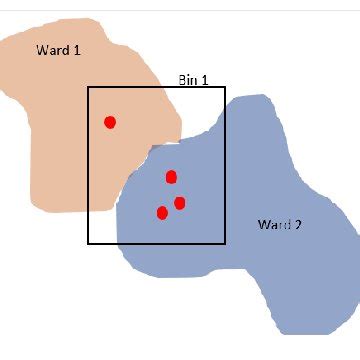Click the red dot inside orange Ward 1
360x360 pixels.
(x=110, y=122)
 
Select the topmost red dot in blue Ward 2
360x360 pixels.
(x=171, y=177)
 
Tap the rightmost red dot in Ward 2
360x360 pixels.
(x=180, y=203)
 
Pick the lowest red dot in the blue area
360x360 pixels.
(x=162, y=212)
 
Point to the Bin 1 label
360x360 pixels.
(x=193, y=80)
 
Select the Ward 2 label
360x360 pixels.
(x=280, y=224)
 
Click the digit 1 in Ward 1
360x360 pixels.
(x=76, y=49)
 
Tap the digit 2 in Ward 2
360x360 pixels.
(x=298, y=224)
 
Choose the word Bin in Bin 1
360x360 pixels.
(x=188, y=80)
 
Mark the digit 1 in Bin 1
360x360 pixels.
(x=205, y=80)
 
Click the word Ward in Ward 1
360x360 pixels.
(x=52, y=49)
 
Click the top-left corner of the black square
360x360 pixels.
(x=88, y=87)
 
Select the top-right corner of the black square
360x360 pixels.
(x=225, y=87)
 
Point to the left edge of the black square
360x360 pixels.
(x=88, y=165)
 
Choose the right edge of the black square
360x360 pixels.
(x=225, y=165)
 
